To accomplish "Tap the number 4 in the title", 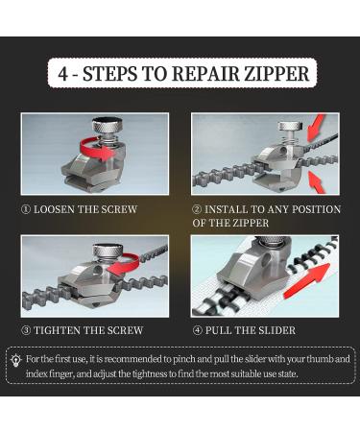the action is pyautogui.click(x=63, y=74).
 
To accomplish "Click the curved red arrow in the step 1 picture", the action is pyautogui.click(x=95, y=149).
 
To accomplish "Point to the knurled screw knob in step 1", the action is pyautogui.click(x=108, y=125).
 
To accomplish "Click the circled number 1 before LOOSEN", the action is pyautogui.click(x=26, y=209).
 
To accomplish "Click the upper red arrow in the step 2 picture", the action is pyautogui.click(x=316, y=128).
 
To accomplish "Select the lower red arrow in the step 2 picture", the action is pyautogui.click(x=315, y=181).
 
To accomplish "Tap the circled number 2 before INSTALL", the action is pyautogui.click(x=197, y=209).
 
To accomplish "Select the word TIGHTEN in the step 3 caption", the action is pyautogui.click(x=55, y=330).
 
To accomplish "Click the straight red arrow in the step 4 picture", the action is pyautogui.click(x=306, y=280).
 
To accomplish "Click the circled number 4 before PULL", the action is pyautogui.click(x=198, y=330).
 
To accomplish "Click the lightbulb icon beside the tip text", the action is pyautogui.click(x=15, y=360).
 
